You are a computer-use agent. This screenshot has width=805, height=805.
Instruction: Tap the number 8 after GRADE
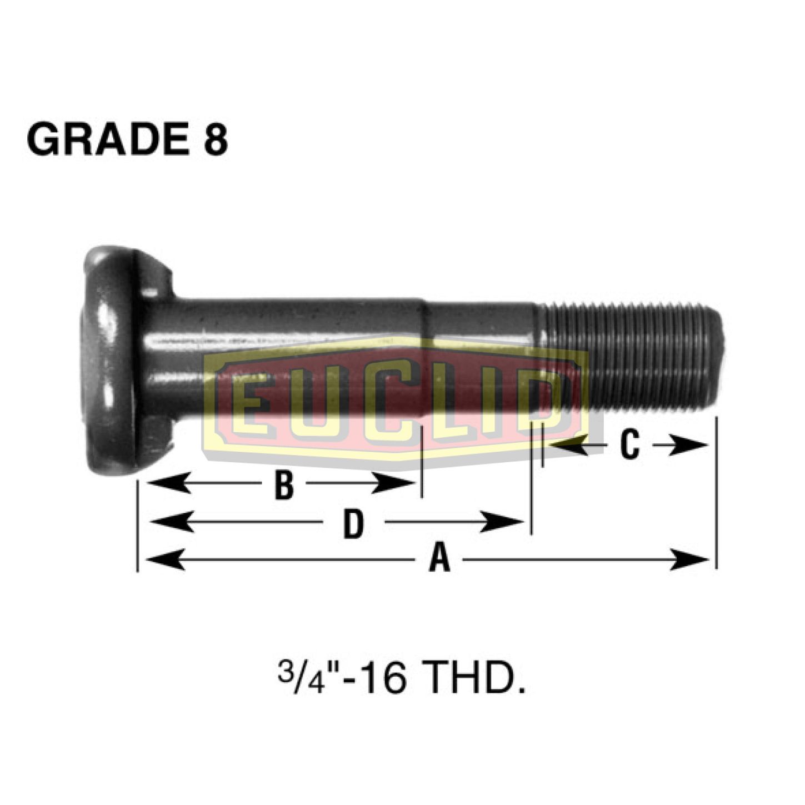[x=216, y=139]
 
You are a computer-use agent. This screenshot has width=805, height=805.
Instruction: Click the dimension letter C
[x=629, y=445]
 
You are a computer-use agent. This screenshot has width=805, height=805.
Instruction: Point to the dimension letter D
[x=353, y=523]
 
